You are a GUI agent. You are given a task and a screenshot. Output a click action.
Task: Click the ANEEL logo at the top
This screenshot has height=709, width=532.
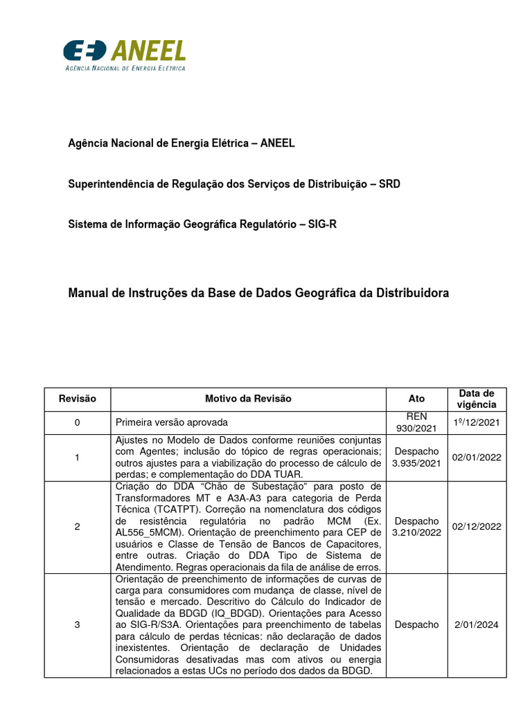[124, 55]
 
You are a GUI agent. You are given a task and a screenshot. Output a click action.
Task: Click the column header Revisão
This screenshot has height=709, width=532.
[77, 399]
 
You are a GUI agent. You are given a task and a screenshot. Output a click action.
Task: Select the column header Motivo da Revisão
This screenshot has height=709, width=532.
[248, 399]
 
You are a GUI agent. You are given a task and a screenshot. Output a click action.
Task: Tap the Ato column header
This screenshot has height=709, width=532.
[416, 399]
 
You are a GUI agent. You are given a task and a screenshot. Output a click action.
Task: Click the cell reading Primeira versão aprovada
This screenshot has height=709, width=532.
[171, 422]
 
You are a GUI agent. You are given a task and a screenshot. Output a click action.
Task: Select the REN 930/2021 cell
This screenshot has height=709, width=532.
[416, 422]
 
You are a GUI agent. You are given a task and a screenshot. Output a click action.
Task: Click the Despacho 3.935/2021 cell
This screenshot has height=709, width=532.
[416, 458]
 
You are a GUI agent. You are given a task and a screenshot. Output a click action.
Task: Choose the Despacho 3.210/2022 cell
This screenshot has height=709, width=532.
[416, 527]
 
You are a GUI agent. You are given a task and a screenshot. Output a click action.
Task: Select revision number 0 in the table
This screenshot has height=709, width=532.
[77, 422]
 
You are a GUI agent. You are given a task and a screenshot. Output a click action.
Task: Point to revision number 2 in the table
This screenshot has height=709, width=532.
[77, 527]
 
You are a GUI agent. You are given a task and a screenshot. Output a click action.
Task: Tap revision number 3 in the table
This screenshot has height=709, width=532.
[77, 625]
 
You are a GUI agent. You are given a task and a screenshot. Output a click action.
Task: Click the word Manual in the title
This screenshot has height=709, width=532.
[87, 293]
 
